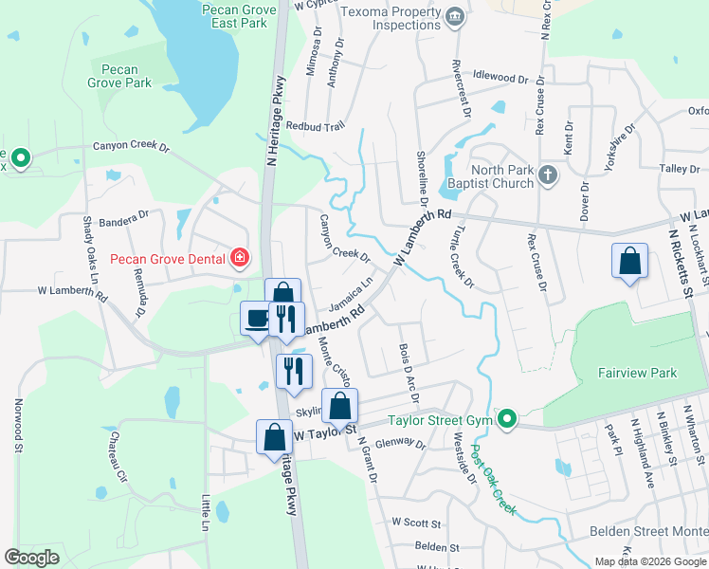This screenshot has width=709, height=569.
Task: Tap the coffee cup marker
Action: (x=256, y=318)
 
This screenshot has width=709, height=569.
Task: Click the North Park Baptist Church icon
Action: (x=547, y=174)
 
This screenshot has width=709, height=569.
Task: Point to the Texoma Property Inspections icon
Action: (x=454, y=16)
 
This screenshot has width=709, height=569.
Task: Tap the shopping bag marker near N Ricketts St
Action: (x=630, y=261)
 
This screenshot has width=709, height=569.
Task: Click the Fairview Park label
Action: (x=637, y=373)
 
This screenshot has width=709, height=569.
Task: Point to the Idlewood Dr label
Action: (x=507, y=77)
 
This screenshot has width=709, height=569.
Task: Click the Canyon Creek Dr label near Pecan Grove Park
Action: (x=130, y=147)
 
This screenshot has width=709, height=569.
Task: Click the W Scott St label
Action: (x=417, y=523)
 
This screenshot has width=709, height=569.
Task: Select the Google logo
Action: (x=31, y=558)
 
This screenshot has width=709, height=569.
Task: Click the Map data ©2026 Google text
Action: (x=650, y=560)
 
